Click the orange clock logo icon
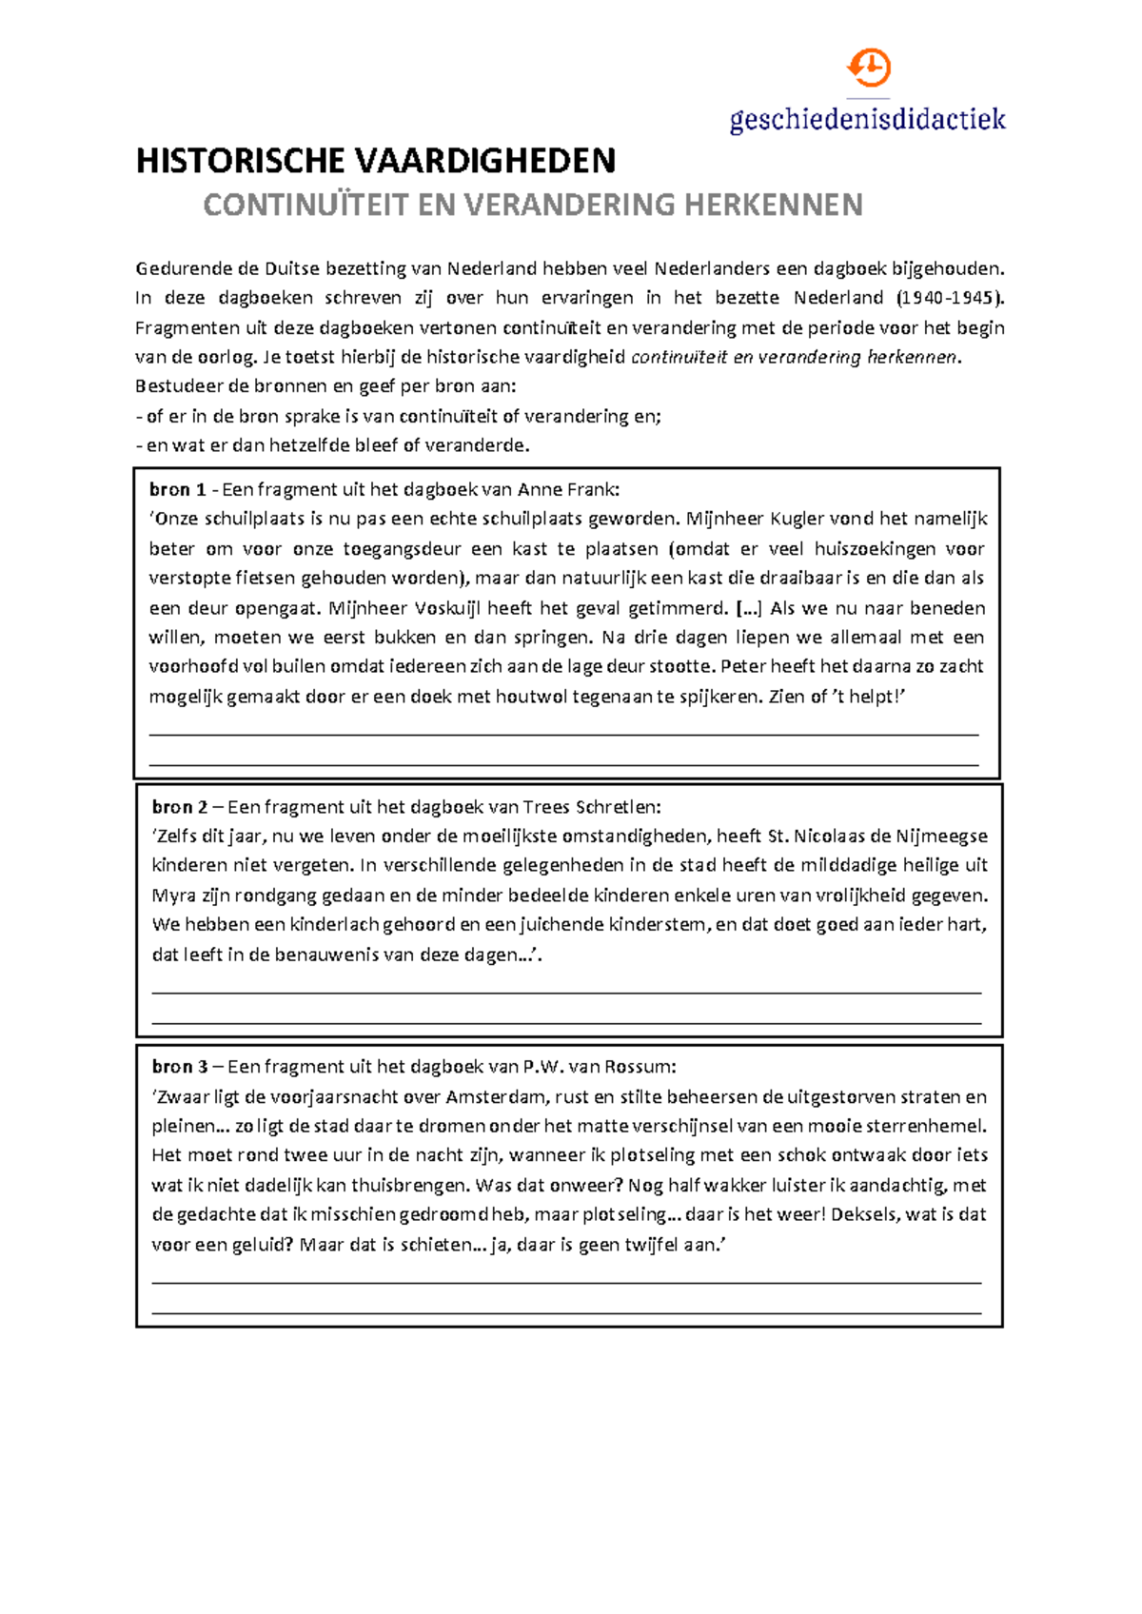(868, 69)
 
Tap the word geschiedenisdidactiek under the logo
(867, 119)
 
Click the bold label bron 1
(177, 490)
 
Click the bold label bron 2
(180, 807)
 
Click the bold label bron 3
(180, 1067)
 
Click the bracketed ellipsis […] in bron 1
(750, 608)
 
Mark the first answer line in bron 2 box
(566, 993)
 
